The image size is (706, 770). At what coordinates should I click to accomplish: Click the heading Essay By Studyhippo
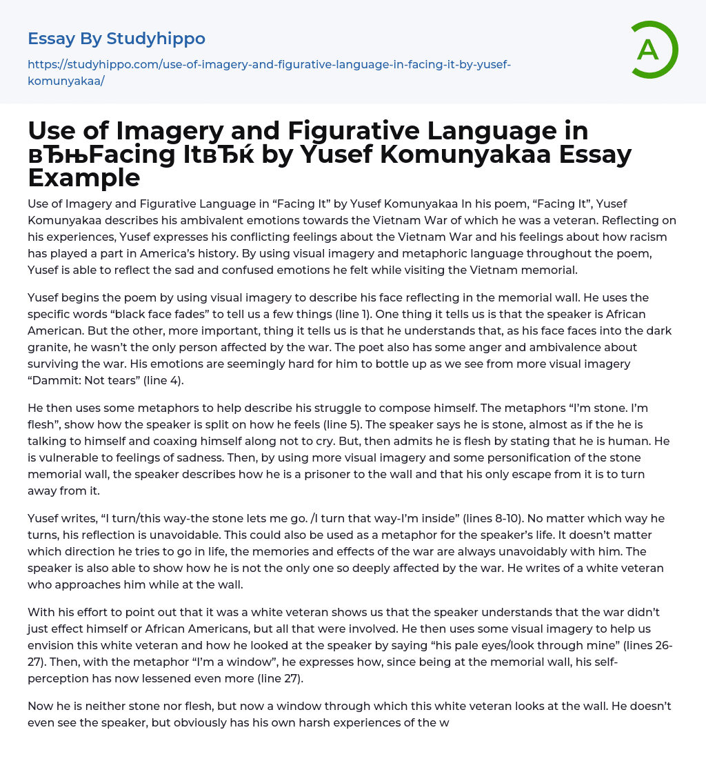(117, 38)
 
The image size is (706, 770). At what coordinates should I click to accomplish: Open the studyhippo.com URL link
(269, 72)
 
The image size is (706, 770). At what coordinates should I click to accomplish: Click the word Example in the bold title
(84, 177)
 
